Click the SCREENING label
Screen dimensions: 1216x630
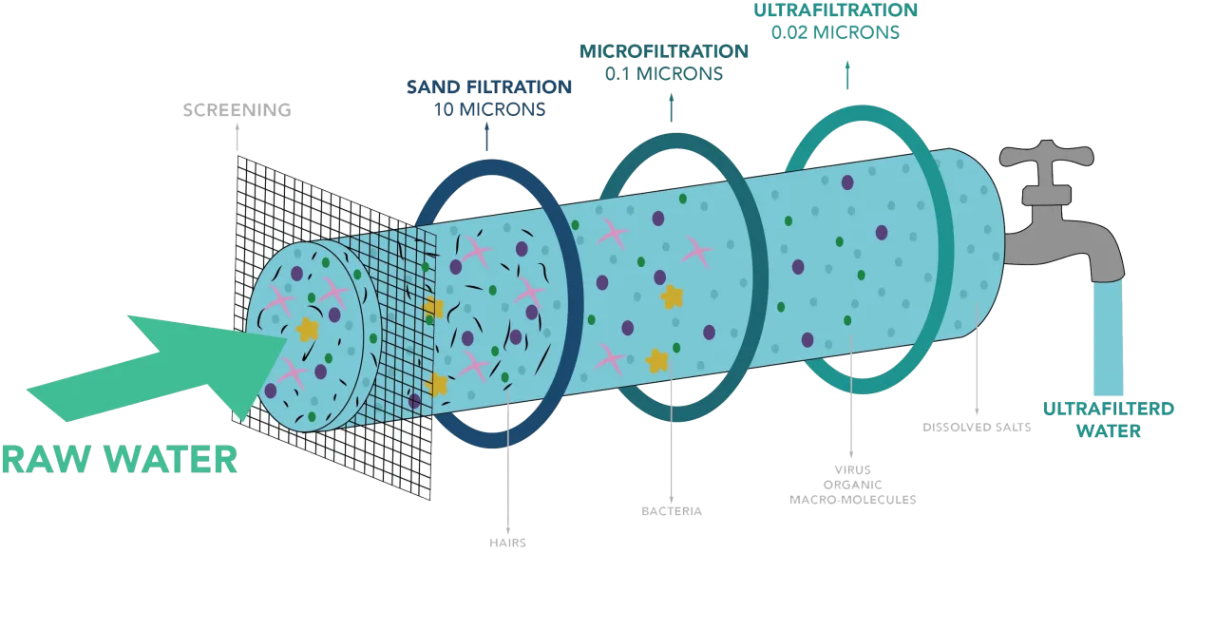[237, 110]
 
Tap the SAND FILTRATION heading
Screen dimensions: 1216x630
[489, 86]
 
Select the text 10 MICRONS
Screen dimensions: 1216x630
[489, 109]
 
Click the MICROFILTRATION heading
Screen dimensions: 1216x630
[664, 51]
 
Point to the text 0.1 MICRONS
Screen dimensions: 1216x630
[664, 74]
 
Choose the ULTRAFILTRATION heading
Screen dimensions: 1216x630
[835, 10]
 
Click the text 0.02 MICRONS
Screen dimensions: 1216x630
[835, 32]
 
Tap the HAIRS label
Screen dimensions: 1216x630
[507, 543]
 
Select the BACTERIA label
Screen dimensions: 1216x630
[672, 511]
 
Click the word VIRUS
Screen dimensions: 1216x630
[853, 469]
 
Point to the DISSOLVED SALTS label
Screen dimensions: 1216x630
[977, 428]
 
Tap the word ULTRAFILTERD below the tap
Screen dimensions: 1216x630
[1109, 409]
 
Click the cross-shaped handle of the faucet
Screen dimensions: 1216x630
[1047, 155]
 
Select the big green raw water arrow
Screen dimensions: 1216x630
[158, 369]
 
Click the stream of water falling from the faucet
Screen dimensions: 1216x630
[1108, 336]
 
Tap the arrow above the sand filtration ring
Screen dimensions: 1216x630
[487, 137]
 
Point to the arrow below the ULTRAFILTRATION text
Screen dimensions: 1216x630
[847, 75]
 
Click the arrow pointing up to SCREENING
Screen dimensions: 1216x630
[237, 137]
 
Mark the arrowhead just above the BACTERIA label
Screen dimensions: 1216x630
[672, 500]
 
